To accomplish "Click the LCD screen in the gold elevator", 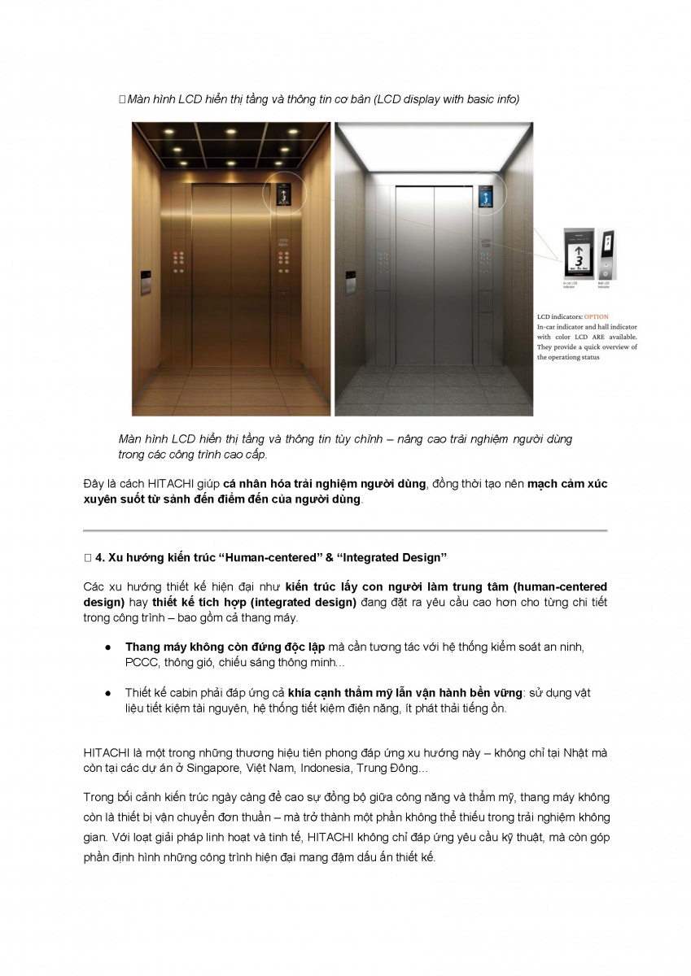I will (282, 195).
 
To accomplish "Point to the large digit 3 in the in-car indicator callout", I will (578, 259).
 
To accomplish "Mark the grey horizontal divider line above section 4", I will (345, 530).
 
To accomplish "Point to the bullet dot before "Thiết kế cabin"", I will (107, 693).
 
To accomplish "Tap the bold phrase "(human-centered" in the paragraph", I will (559, 586).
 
